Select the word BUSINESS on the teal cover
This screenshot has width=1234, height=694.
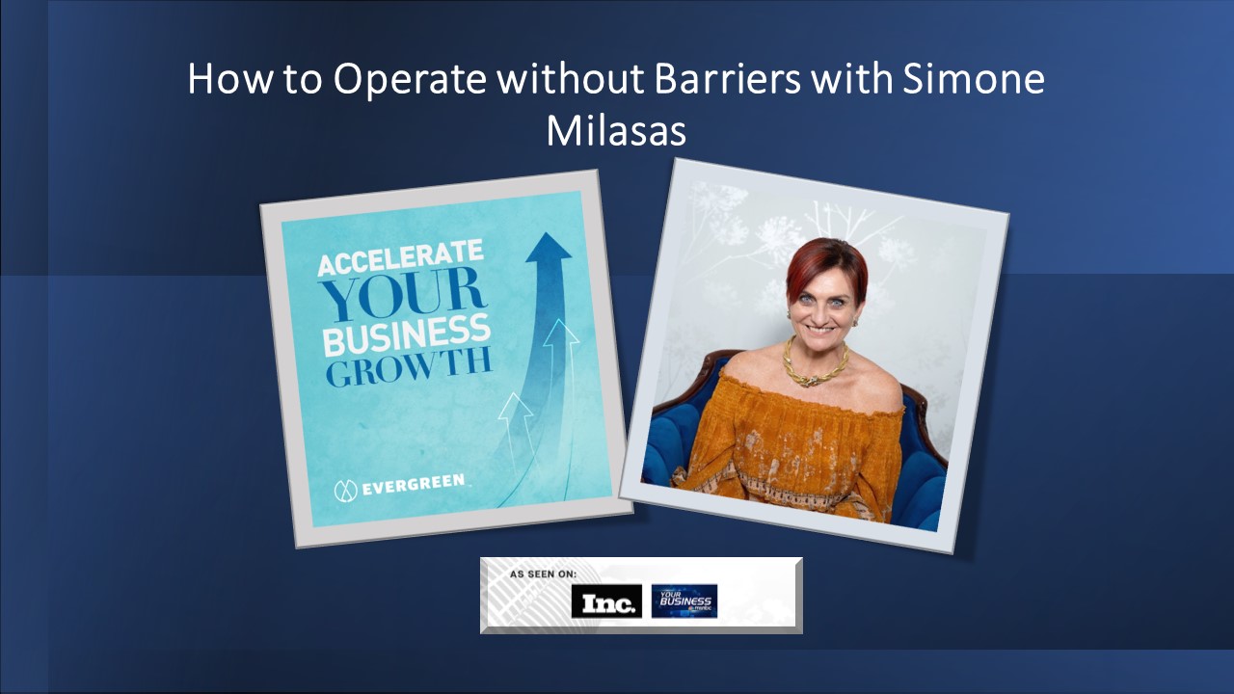tap(406, 336)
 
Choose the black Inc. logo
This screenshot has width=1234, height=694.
tap(606, 602)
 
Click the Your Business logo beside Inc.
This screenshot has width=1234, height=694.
tap(684, 601)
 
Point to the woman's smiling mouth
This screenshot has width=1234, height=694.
tap(824, 328)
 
